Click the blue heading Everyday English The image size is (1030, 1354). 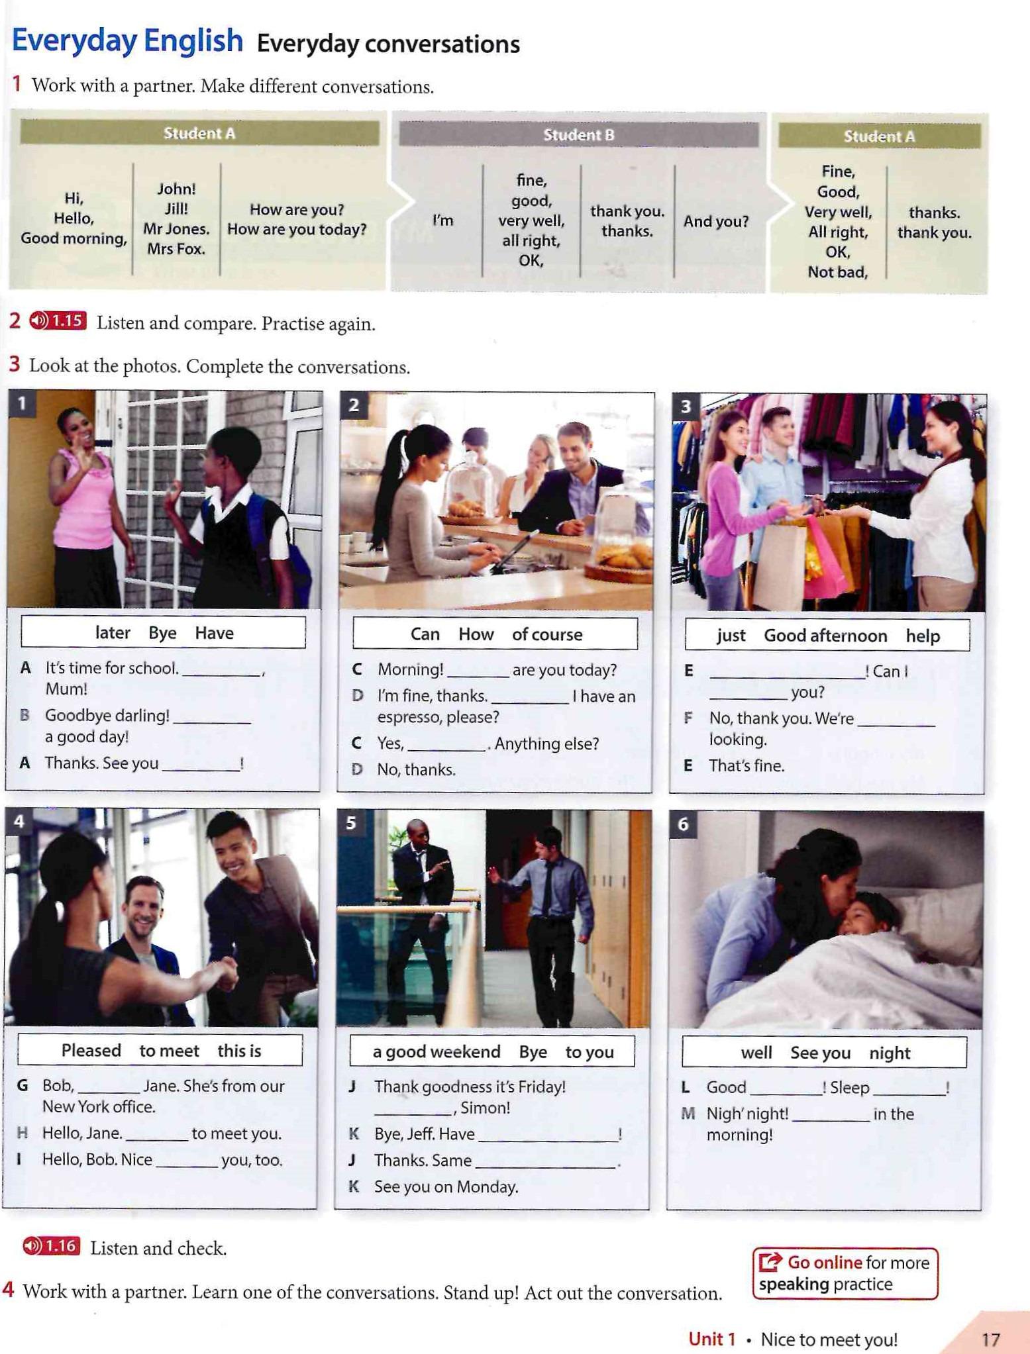[127, 41]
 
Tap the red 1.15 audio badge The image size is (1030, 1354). [58, 321]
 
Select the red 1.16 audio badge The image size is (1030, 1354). [51, 1246]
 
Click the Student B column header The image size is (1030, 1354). [578, 135]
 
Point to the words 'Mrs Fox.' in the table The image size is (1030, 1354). [176, 249]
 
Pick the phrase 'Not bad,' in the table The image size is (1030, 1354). [837, 272]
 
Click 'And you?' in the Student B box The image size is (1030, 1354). [716, 221]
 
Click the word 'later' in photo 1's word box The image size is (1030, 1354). [113, 633]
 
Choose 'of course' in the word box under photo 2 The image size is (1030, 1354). [547, 634]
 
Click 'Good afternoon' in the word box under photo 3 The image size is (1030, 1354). [825, 636]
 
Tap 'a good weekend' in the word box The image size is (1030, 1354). [437, 1052]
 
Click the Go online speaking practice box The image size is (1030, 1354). [845, 1273]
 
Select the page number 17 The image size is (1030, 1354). [990, 1339]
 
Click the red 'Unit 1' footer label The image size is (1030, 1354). [712, 1339]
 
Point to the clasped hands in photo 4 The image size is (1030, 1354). [222, 971]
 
